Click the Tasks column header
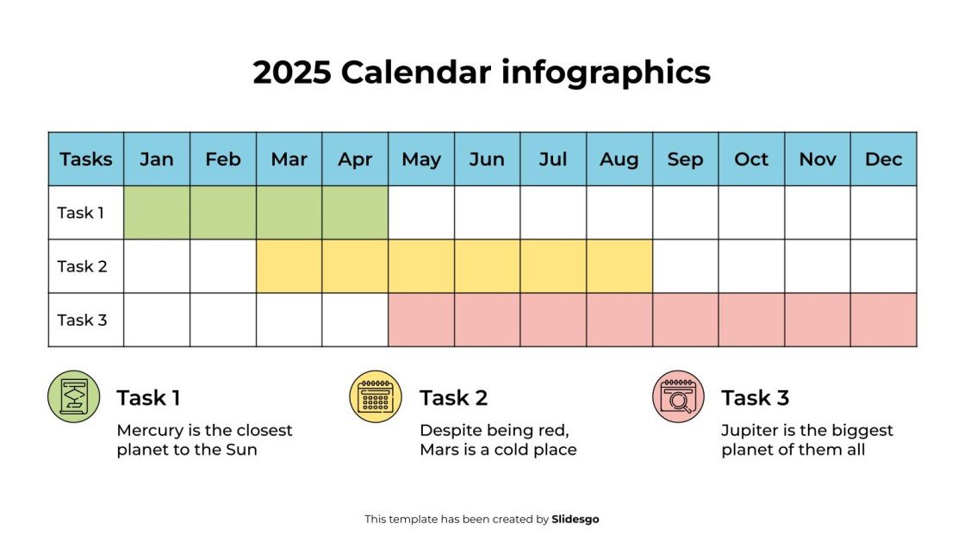86,159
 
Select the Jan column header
157,159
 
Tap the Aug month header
619,159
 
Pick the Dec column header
883,159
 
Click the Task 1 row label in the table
81,213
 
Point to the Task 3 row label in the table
82,320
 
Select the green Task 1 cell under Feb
223,213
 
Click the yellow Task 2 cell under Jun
487,266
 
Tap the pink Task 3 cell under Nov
818,320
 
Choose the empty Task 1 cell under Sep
685,213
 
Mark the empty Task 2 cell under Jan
157,266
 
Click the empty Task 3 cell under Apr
355,320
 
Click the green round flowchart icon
74,396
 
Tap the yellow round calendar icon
376,396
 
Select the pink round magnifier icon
678,396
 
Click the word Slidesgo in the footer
575,520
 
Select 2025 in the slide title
292,72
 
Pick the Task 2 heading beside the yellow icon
453,398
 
